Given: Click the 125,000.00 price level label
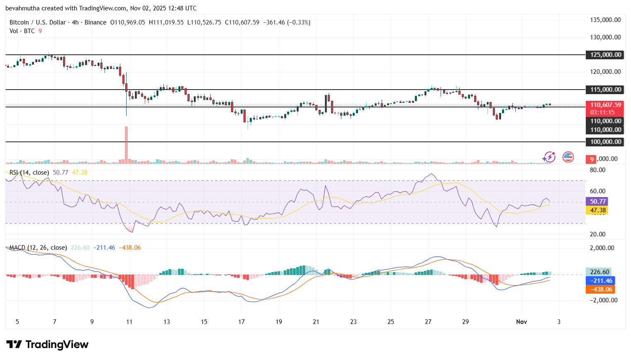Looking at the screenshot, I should [605, 55].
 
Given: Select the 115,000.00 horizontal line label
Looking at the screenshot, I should [605, 90].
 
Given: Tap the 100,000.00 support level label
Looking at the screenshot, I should [605, 142].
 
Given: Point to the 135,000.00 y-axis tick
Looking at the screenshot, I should [605, 20].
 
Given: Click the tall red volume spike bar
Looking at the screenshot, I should [126, 143].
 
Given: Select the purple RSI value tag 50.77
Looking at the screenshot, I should [597, 202].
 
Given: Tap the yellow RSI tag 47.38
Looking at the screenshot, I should [597, 210].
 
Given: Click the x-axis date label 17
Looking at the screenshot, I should [241, 322].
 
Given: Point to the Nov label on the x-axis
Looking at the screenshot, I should [521, 322].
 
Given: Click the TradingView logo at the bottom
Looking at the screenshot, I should [47, 345].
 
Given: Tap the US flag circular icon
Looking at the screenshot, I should [568, 157].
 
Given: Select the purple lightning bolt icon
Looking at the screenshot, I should [549, 157].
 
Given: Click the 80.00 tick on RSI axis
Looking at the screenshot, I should [597, 170].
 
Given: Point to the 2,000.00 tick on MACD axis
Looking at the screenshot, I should [602, 248].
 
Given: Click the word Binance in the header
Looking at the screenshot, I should [95, 22].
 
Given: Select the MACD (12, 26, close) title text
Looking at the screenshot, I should [38, 248].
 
